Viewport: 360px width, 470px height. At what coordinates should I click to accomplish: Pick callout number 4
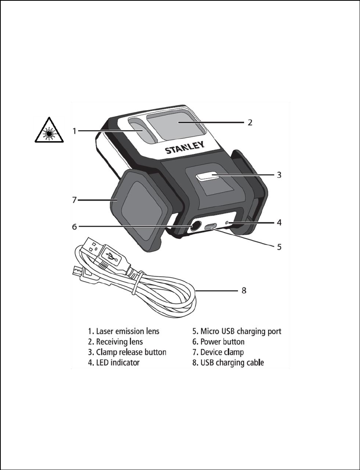click(279, 222)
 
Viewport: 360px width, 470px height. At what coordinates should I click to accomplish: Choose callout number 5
click(279, 247)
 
